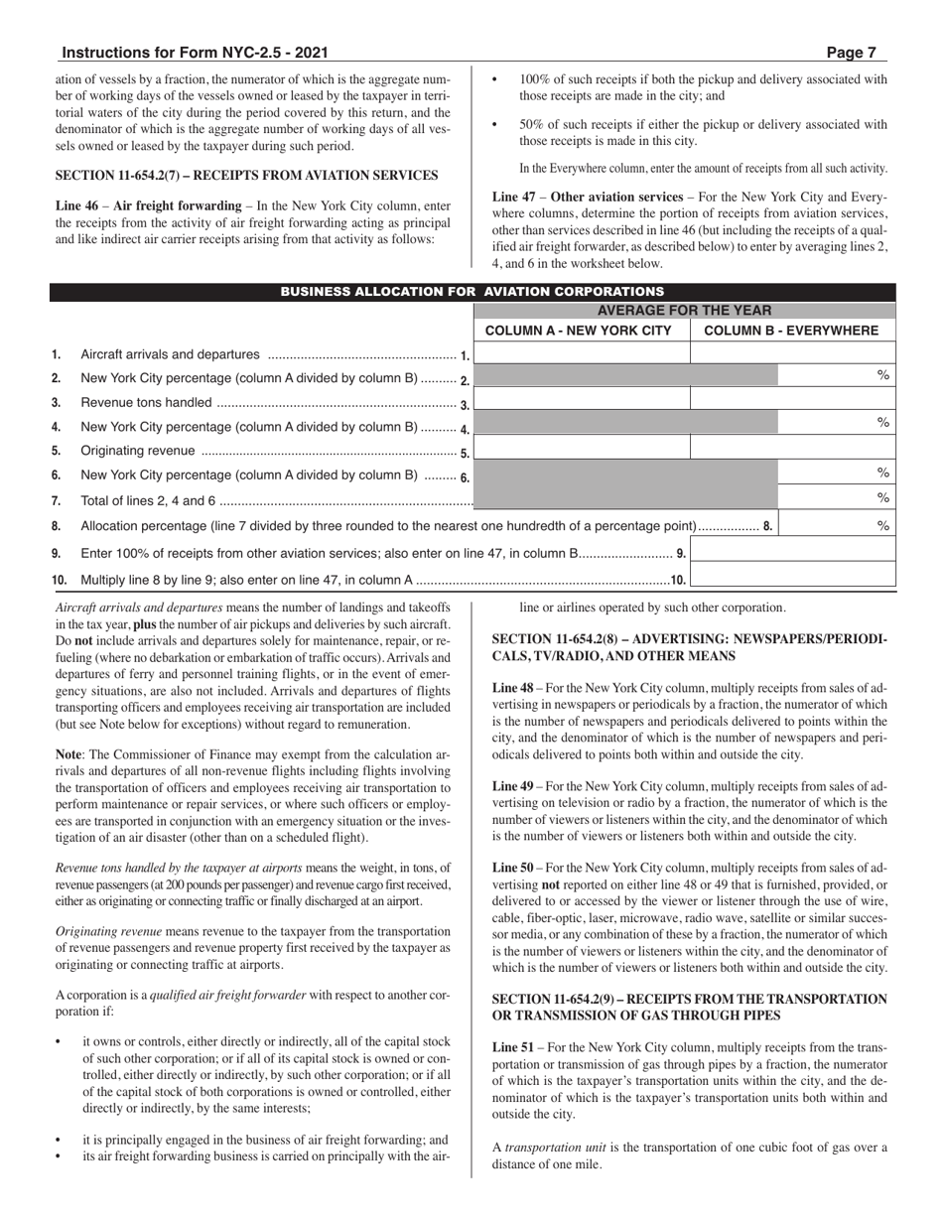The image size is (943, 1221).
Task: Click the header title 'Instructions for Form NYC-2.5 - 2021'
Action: click(195, 54)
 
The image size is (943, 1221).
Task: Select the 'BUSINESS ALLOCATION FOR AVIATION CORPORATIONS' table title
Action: click(471, 292)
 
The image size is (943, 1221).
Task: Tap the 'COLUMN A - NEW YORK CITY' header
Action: click(583, 331)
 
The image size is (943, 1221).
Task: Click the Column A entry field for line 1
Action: click(583, 352)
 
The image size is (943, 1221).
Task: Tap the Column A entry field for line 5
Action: click(583, 448)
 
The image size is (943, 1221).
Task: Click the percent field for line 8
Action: click(837, 524)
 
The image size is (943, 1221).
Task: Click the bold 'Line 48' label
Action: click(512, 687)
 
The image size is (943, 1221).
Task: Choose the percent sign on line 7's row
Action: click(882, 498)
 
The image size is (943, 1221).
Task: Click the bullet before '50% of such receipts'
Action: click(495, 125)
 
